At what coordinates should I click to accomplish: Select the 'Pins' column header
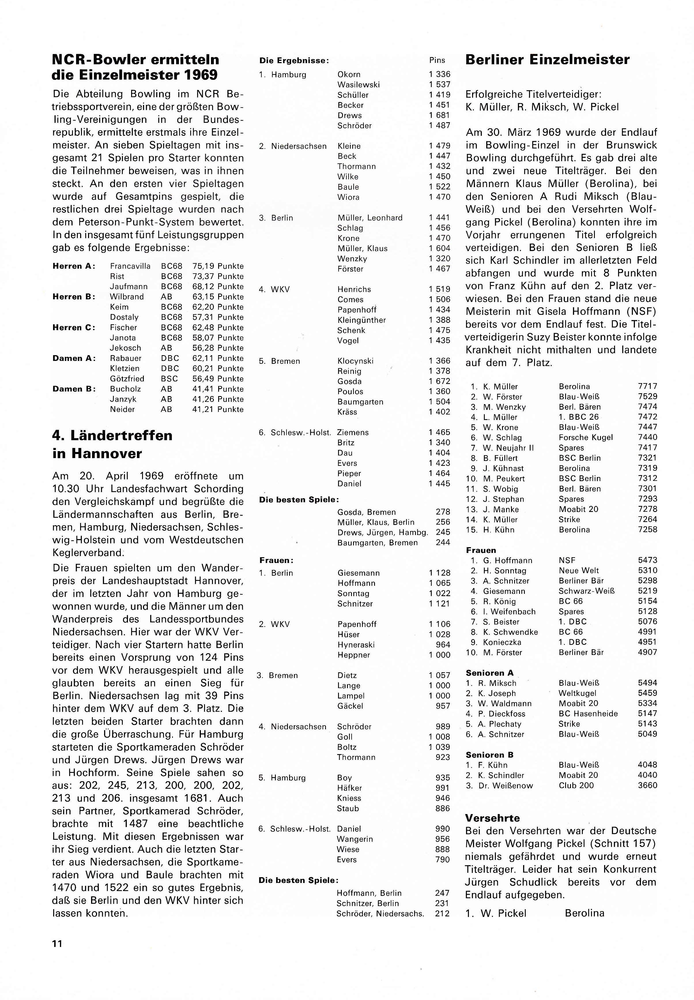coord(437,61)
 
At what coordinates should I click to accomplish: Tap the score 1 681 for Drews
coord(439,115)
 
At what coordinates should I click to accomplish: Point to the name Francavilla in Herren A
coord(130,266)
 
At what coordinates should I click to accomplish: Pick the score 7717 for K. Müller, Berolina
coord(648,386)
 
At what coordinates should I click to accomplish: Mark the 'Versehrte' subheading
coord(492,818)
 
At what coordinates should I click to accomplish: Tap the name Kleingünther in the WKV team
coord(361,320)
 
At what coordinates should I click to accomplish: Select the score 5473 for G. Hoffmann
coord(648,560)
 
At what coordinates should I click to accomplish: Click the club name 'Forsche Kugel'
coord(585,438)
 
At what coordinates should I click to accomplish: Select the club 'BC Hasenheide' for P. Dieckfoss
coord(588,714)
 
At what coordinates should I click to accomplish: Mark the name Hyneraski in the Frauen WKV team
coord(356,645)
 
